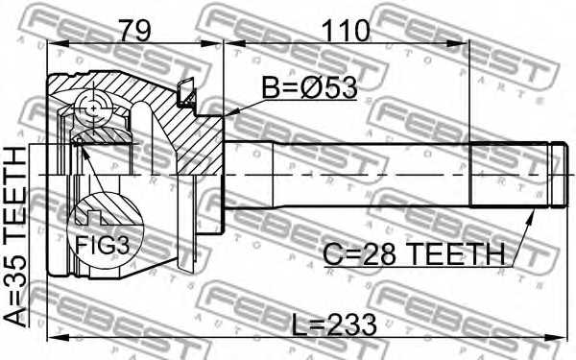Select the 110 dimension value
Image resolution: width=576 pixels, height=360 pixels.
347,30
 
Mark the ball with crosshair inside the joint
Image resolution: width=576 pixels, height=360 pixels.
94,108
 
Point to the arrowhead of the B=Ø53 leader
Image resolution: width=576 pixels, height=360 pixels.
228,115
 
